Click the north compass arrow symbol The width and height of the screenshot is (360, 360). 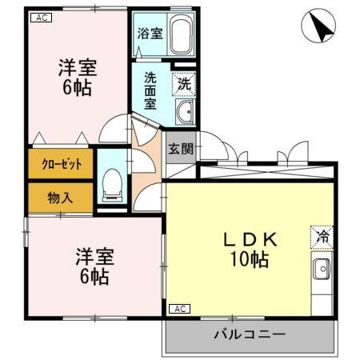tap(318, 28)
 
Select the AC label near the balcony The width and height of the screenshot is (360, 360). tap(179, 309)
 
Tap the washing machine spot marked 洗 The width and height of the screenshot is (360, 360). tap(184, 82)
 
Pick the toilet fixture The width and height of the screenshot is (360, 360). tap(110, 186)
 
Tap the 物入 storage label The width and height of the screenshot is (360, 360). tap(61, 197)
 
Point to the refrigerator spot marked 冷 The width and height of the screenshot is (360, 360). tap(320, 237)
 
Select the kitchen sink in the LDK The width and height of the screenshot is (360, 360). tap(321, 270)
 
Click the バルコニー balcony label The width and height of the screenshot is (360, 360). tap(248, 334)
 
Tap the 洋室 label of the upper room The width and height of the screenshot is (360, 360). tap(77, 67)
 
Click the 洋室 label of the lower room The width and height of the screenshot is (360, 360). tap(94, 258)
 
